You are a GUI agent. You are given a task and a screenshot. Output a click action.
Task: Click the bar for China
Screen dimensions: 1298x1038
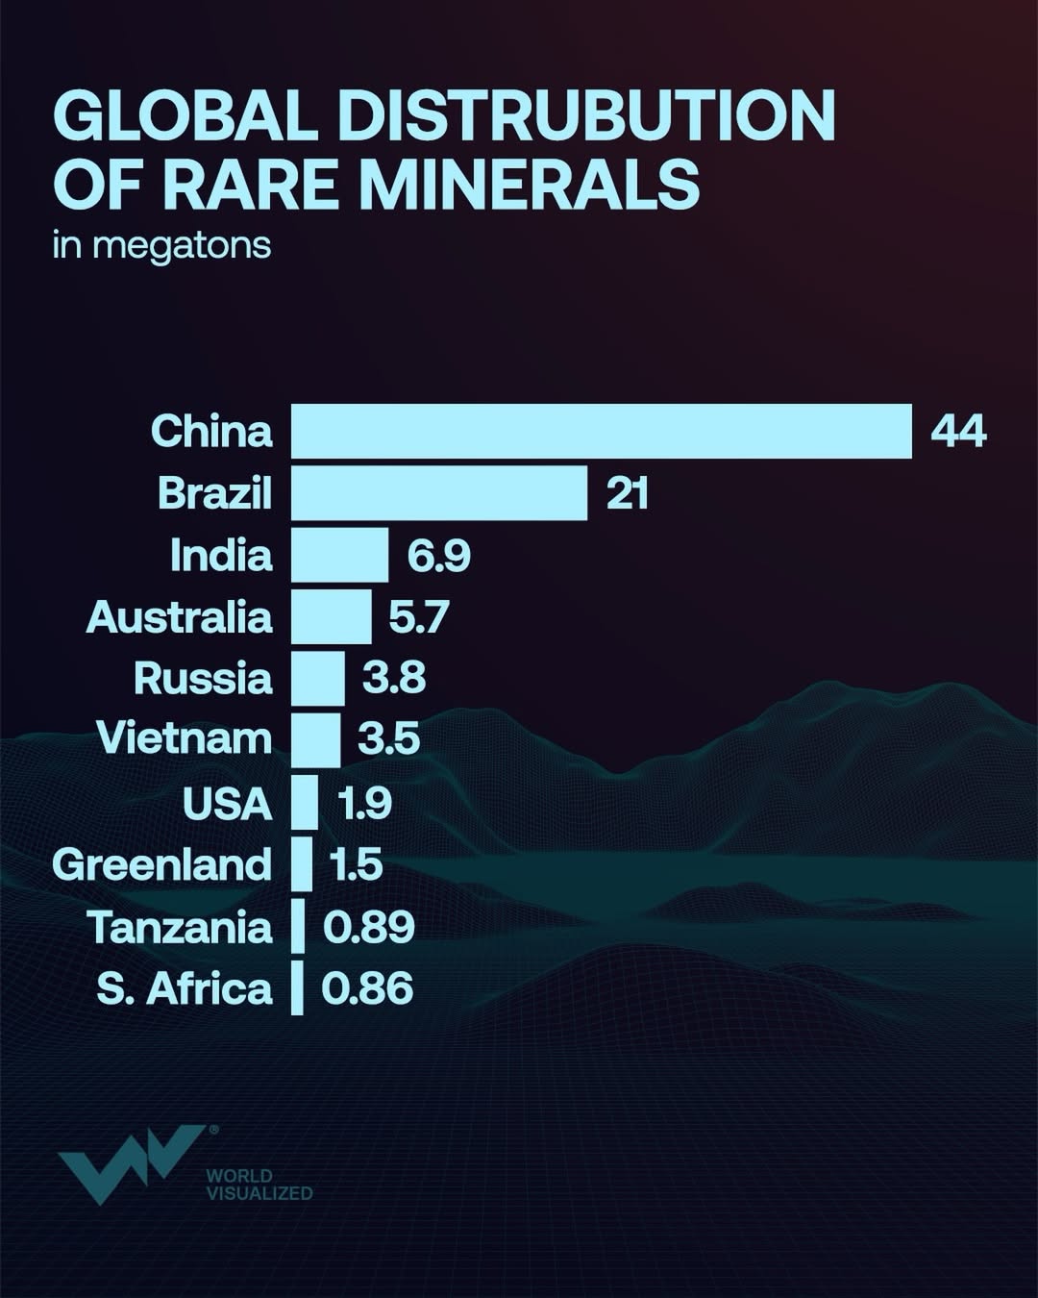602,431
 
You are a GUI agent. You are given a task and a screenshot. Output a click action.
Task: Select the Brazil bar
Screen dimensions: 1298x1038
439,493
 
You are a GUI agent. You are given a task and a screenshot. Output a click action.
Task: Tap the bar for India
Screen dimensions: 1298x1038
340,555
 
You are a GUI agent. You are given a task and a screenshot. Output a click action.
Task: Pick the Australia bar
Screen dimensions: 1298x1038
332,616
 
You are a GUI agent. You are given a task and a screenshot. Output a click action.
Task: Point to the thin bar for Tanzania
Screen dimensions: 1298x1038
298,927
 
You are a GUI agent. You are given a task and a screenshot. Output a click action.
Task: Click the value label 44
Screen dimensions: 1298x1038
958,431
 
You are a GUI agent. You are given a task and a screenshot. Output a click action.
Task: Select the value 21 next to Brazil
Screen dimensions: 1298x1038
628,493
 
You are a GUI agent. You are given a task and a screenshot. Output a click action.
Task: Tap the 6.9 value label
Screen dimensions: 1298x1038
439,556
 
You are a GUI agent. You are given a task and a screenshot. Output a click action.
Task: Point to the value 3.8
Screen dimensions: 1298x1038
394,678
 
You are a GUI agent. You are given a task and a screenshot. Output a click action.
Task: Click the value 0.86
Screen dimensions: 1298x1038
367,988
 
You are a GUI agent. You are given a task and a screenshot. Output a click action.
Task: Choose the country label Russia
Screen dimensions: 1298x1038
203,678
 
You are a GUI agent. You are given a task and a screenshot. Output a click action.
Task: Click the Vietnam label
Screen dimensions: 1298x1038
185,738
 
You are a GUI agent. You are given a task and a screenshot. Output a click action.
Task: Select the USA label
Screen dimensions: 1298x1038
228,803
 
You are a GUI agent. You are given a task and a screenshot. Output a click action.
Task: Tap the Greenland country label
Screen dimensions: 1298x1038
162,864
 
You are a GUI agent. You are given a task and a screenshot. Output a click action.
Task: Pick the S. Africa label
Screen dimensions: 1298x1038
185,988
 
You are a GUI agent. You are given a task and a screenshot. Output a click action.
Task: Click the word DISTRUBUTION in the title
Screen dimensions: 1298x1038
586,115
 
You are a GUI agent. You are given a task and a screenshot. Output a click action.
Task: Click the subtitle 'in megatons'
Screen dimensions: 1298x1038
161,245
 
